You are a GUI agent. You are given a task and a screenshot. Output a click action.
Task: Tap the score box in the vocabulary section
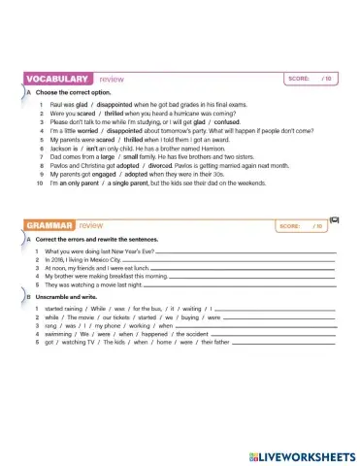tap(311, 78)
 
